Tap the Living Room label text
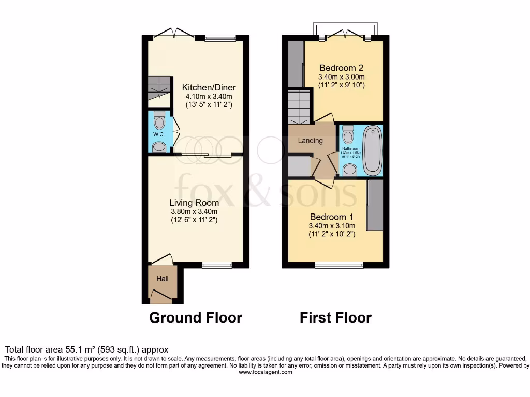pyautogui.click(x=194, y=203)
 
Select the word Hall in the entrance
pyautogui.click(x=163, y=279)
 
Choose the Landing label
pyautogui.click(x=311, y=140)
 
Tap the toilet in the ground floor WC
pyautogui.click(x=160, y=121)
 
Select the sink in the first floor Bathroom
pyautogui.click(x=350, y=170)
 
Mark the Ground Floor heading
pyautogui.click(x=196, y=317)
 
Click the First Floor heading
pyautogui.click(x=335, y=317)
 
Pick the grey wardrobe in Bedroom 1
pyautogui.click(x=375, y=205)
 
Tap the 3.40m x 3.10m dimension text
pyautogui.click(x=332, y=226)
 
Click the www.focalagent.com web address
pyautogui.click(x=265, y=372)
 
